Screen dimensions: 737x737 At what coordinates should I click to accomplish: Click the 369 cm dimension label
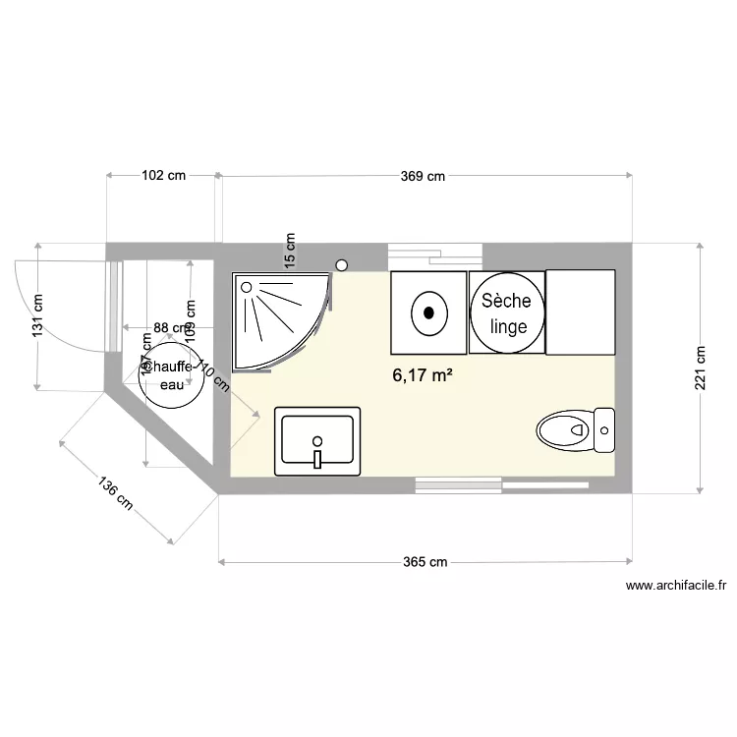[424, 177]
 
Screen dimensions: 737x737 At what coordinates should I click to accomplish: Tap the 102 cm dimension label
[163, 177]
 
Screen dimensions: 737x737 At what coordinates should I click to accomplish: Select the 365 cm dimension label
[425, 563]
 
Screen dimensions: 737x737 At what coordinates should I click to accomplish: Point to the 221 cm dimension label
[700, 368]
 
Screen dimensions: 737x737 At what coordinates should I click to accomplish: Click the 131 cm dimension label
[37, 316]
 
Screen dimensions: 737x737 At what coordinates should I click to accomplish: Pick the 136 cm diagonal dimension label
[116, 493]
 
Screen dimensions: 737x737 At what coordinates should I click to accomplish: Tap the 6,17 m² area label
[422, 374]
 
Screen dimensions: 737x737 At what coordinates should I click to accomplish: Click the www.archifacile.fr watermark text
[675, 587]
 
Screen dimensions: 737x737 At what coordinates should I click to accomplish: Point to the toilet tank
[605, 430]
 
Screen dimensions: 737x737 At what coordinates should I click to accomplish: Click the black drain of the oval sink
[428, 313]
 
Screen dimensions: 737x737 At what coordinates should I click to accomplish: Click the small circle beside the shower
[342, 264]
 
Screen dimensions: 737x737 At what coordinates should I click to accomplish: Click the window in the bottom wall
[501, 484]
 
